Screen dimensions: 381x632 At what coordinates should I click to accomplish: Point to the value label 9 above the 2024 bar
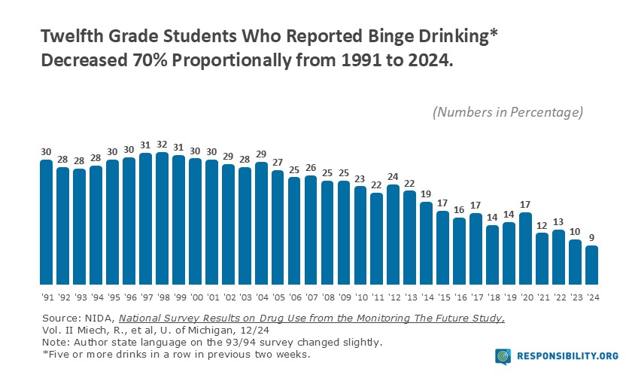click(x=592, y=239)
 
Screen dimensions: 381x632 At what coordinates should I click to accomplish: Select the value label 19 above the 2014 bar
click(x=427, y=194)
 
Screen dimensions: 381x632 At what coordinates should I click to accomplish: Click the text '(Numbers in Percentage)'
click(x=508, y=112)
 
